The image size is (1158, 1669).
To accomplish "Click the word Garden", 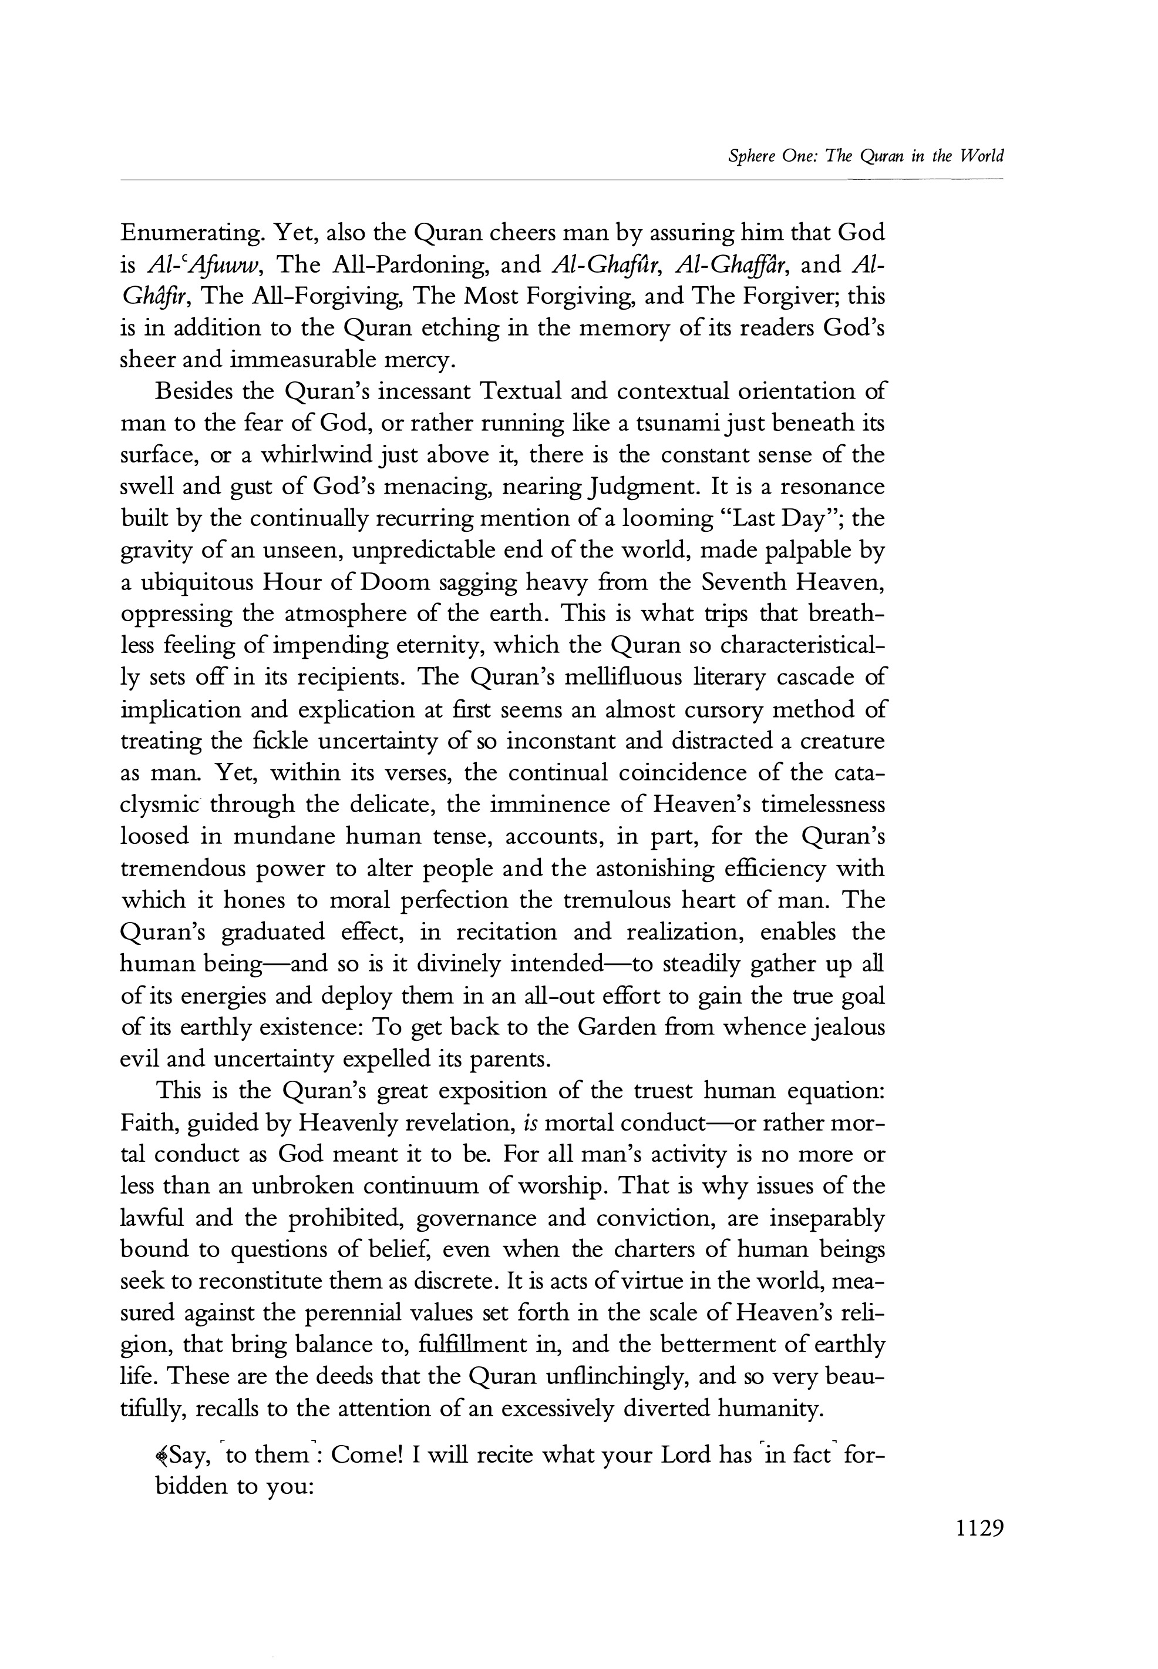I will (x=617, y=1028).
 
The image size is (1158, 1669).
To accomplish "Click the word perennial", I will (x=351, y=1313).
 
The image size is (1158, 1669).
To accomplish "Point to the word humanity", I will (x=770, y=1409).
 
